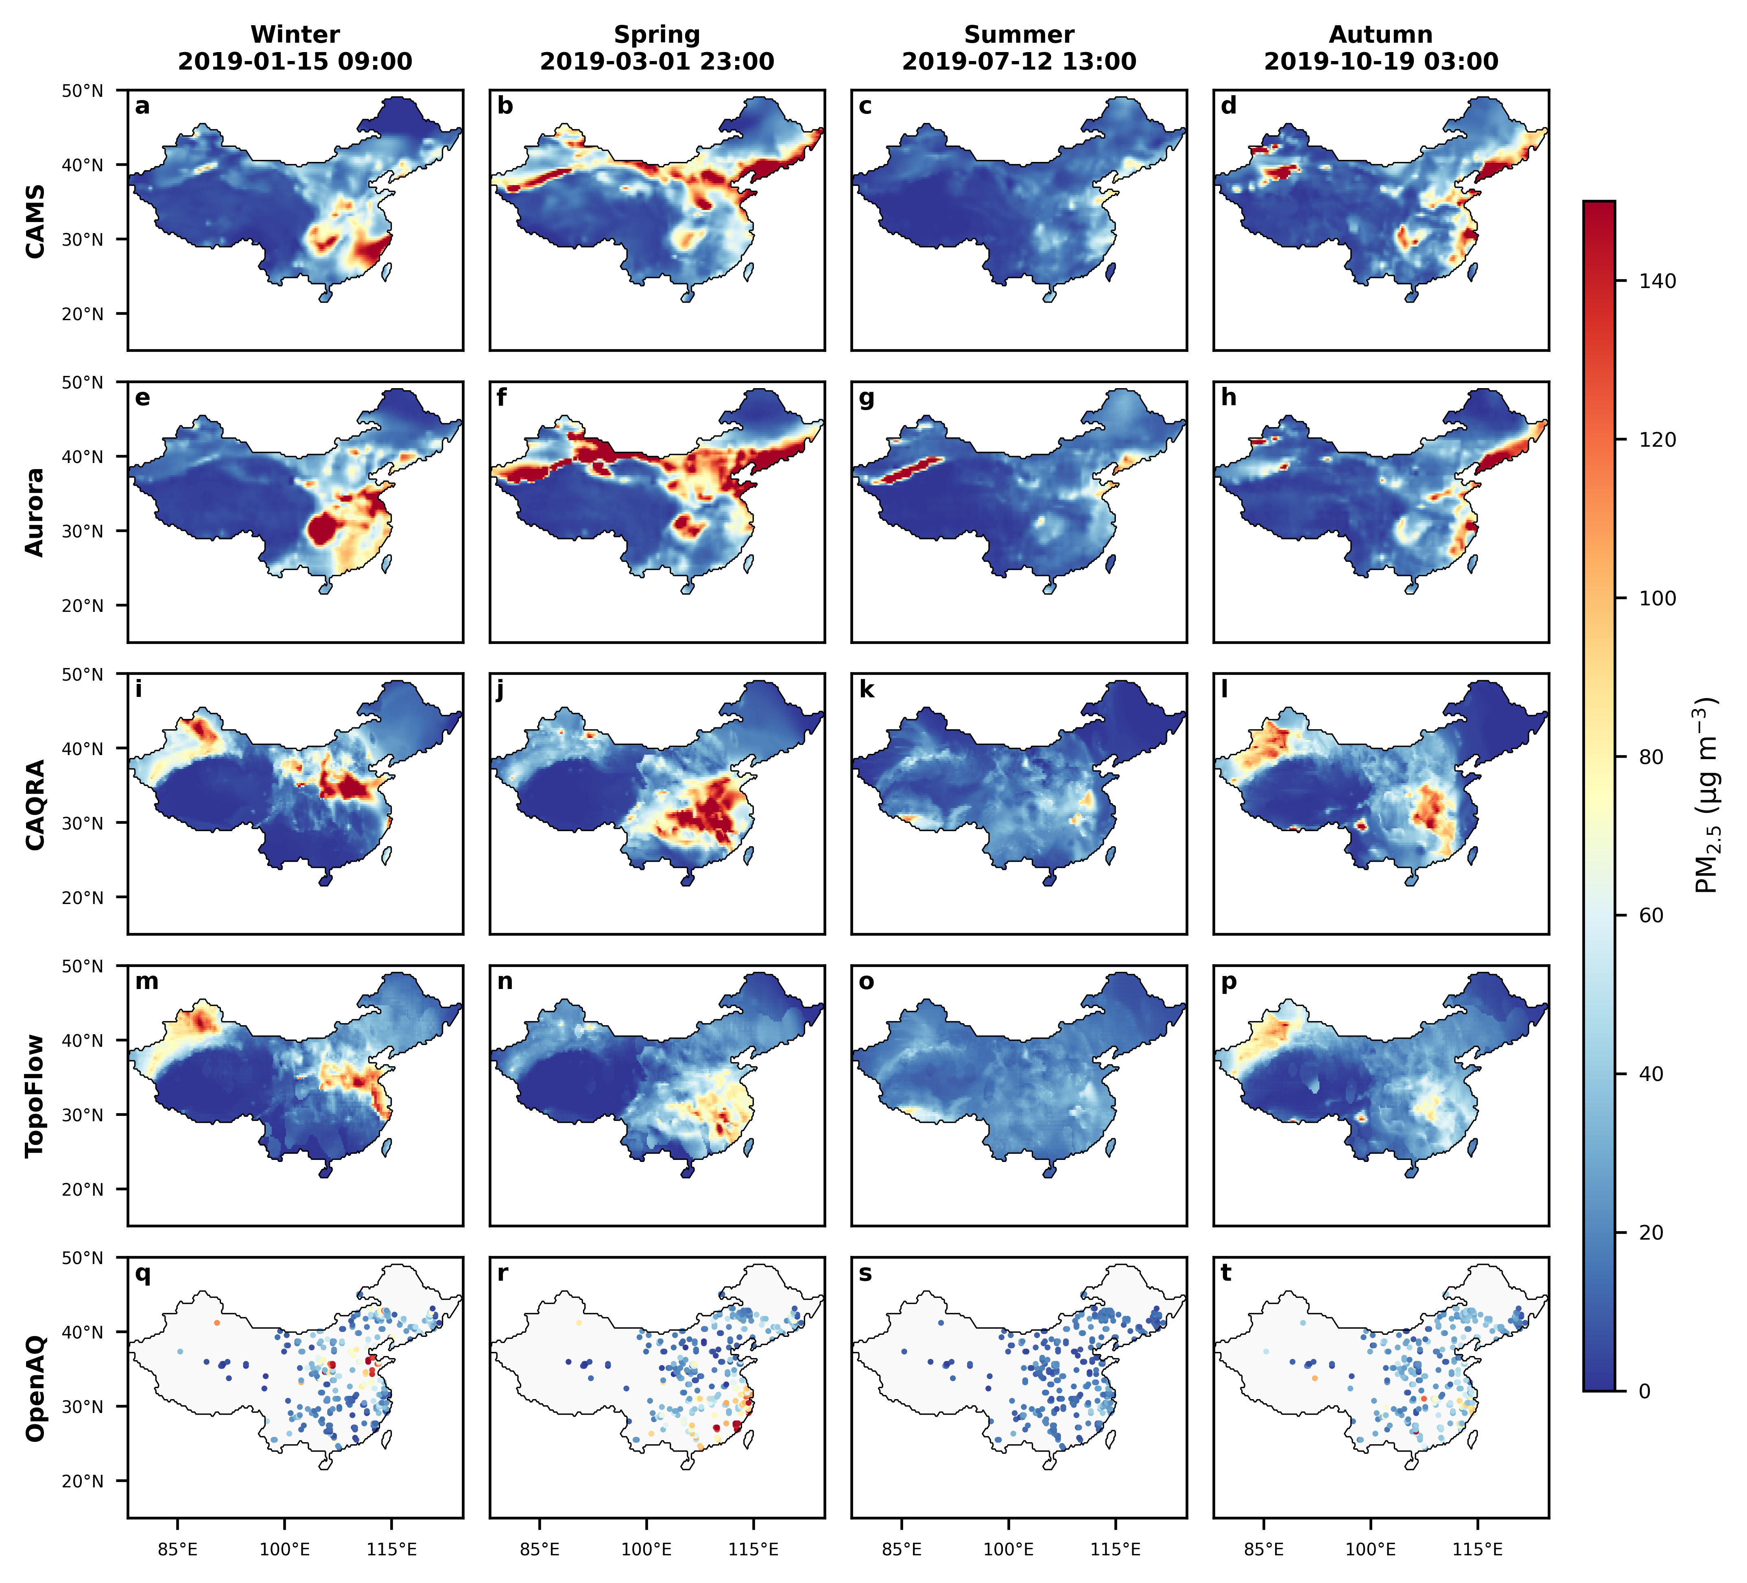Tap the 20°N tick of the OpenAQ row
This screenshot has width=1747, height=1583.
pyautogui.click(x=82, y=1481)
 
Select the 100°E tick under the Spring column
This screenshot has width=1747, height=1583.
pyautogui.click(x=646, y=1548)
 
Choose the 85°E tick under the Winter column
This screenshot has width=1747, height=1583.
pyautogui.click(x=178, y=1548)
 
